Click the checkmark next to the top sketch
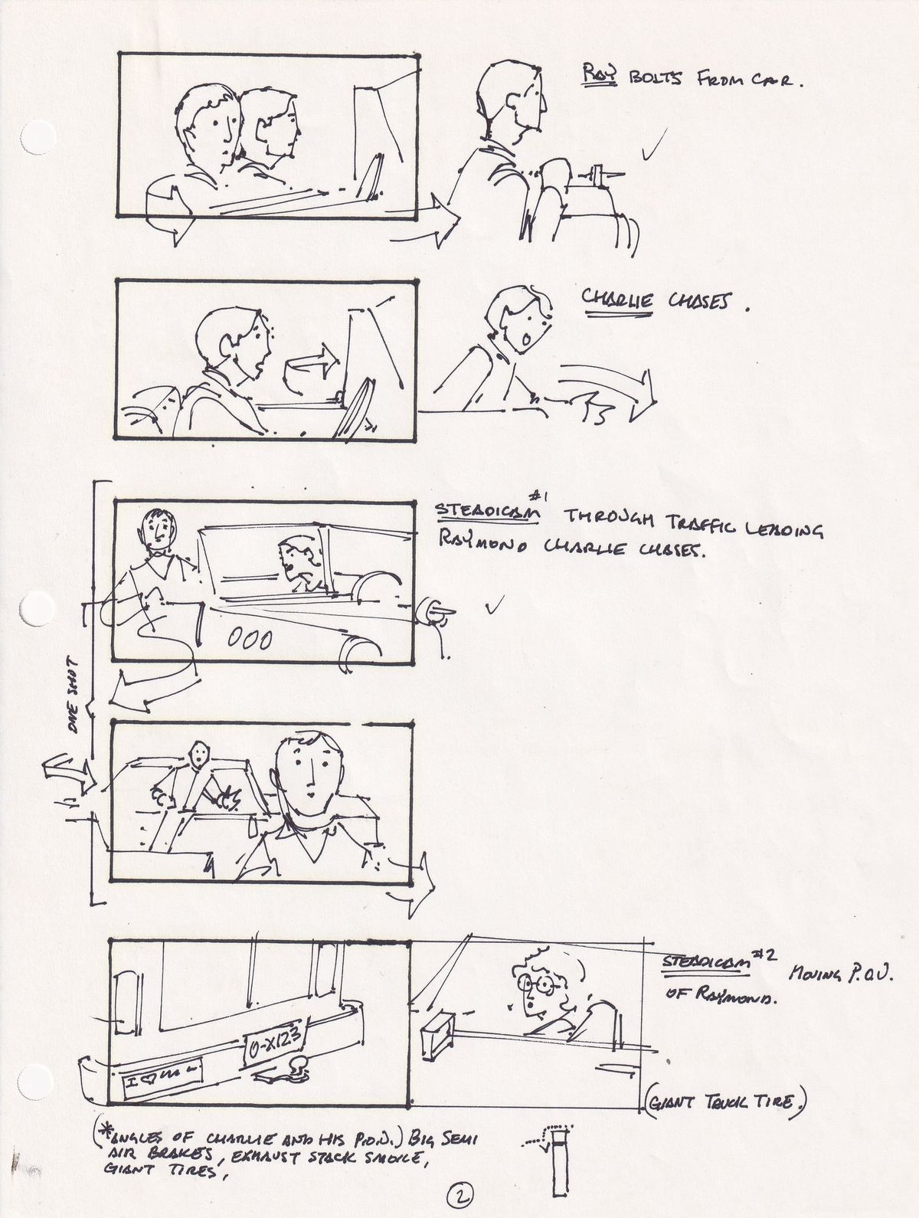point(652,147)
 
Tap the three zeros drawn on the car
point(250,638)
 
